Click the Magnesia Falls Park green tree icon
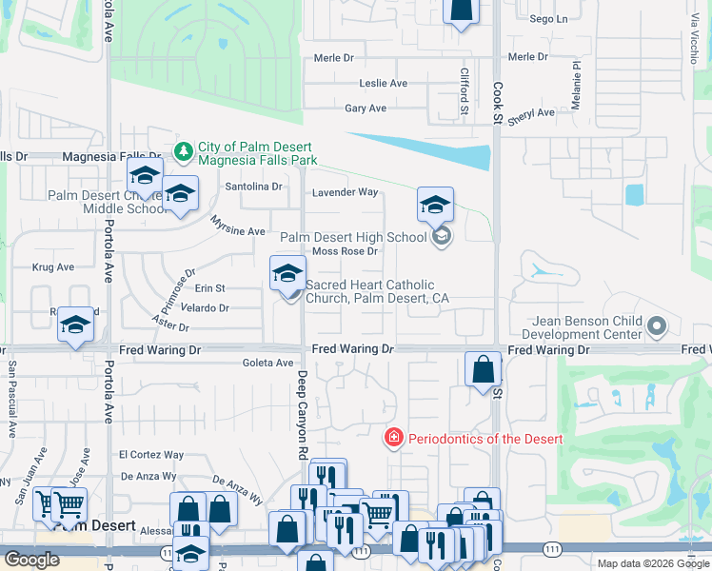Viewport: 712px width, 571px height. pyautogui.click(x=184, y=150)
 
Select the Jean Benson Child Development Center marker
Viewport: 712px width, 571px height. pyautogui.click(x=656, y=327)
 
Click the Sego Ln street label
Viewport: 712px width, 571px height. pyautogui.click(x=548, y=19)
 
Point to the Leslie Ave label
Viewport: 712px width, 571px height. pyautogui.click(x=383, y=84)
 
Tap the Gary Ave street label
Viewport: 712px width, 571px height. pyautogui.click(x=366, y=108)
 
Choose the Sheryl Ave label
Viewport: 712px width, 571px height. pyautogui.click(x=531, y=114)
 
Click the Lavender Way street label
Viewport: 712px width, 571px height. pyautogui.click(x=346, y=192)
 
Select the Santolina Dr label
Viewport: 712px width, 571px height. pyautogui.click(x=253, y=187)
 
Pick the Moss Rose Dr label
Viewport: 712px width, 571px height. pyautogui.click(x=346, y=251)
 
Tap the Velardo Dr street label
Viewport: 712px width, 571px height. pyautogui.click(x=205, y=307)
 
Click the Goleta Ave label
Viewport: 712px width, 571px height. pyautogui.click(x=268, y=363)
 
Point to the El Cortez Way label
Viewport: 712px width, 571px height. pyautogui.click(x=151, y=455)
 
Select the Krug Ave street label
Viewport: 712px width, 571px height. pyautogui.click(x=53, y=267)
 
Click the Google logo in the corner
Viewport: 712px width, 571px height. pyautogui.click(x=31, y=560)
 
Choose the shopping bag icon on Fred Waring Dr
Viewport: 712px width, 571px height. pyautogui.click(x=484, y=367)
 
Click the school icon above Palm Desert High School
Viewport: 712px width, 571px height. pyautogui.click(x=435, y=205)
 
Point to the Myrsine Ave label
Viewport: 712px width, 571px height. pyautogui.click(x=238, y=231)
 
